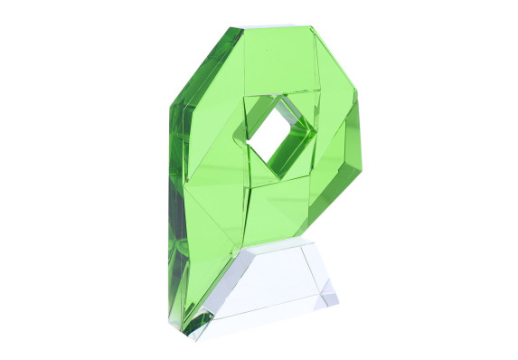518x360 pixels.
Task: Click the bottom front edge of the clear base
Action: (x=271, y=316)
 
